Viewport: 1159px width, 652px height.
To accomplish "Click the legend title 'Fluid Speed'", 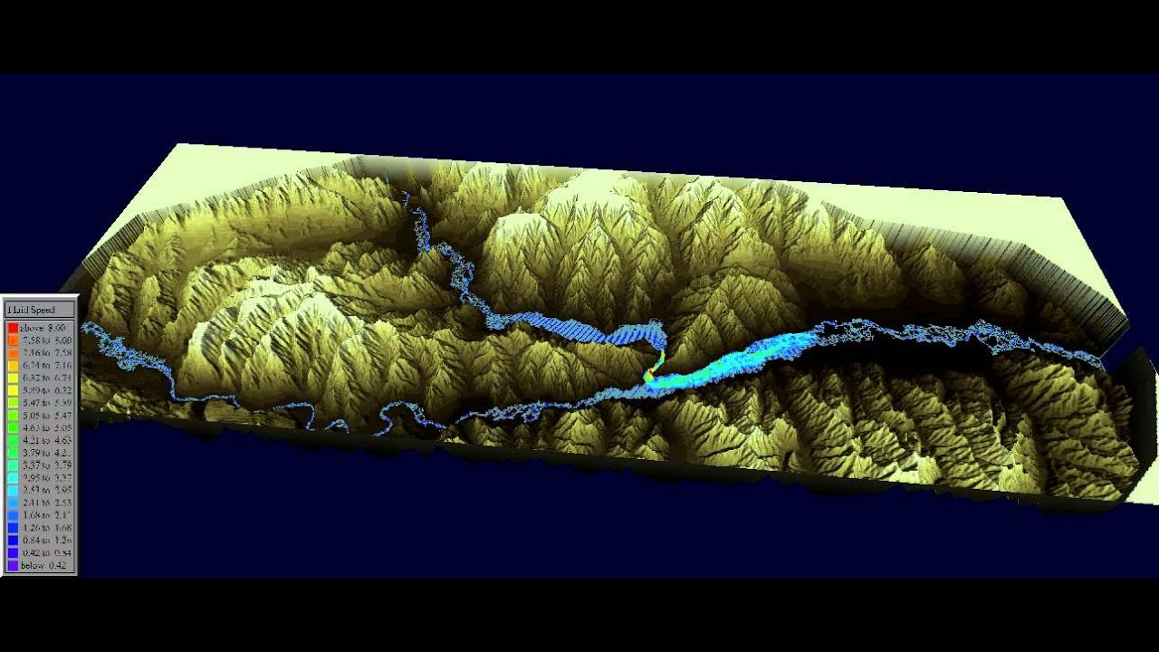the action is (x=32, y=310).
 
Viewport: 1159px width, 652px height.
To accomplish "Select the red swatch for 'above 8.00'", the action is (x=13, y=327).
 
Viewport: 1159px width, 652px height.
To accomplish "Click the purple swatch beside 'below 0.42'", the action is (x=13, y=565).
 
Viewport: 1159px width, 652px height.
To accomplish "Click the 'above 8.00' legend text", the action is (x=42, y=327).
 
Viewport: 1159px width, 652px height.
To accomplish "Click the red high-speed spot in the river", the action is (x=649, y=373).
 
